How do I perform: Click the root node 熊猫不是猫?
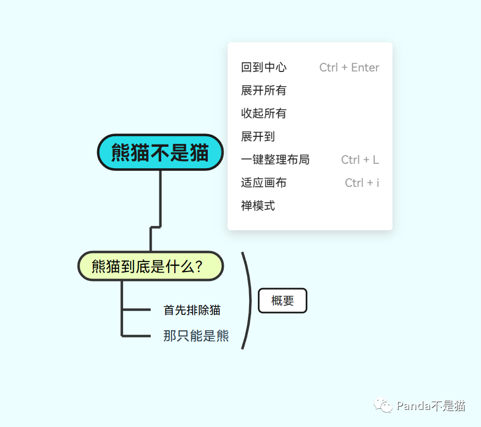click(160, 152)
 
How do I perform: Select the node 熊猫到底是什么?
click(150, 267)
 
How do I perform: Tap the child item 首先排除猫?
click(192, 310)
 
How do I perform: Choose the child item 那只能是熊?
click(196, 335)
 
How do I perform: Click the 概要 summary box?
click(283, 301)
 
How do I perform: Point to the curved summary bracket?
click(248, 300)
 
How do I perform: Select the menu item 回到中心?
click(264, 68)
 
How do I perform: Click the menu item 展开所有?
click(264, 91)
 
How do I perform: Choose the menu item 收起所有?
click(264, 114)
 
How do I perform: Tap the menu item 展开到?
click(258, 137)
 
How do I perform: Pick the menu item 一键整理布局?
click(275, 160)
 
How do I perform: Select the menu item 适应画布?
click(264, 183)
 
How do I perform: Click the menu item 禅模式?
click(258, 206)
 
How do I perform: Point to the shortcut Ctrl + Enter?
click(349, 68)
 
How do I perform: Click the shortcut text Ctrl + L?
click(360, 160)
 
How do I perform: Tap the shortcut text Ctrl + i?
click(362, 183)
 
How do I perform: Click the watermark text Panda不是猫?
click(431, 406)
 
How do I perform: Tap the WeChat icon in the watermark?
click(383, 406)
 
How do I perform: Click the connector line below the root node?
click(160, 198)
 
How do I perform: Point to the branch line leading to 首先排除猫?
click(136, 310)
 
